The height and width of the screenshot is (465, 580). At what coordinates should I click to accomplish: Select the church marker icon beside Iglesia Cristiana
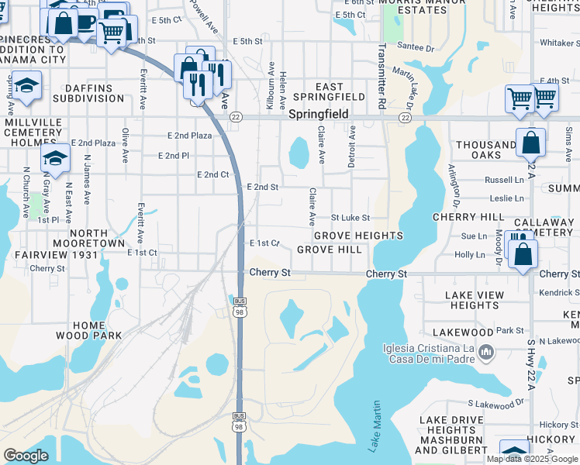tap(485, 353)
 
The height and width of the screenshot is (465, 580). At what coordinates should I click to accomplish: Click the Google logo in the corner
tap(26, 456)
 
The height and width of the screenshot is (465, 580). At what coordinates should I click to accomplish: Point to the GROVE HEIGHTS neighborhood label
tap(358, 235)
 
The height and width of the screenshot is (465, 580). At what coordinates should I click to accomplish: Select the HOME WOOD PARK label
tap(88, 330)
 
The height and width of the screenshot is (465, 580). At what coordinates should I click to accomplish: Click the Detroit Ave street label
tap(351, 146)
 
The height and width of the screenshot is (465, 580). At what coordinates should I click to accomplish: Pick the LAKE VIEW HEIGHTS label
tap(474, 300)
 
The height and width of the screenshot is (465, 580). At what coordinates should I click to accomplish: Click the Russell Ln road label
tap(504, 180)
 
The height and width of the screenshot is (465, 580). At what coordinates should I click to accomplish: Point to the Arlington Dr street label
tap(452, 184)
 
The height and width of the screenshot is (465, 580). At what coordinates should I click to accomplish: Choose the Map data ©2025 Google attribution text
tap(531, 459)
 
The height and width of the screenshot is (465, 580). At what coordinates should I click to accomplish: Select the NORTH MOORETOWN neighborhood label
tap(87, 238)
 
